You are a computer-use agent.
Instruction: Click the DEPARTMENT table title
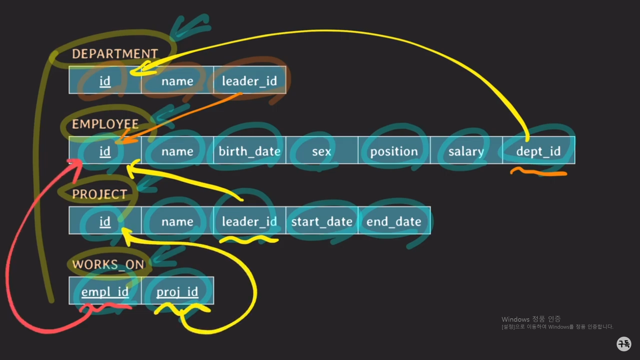[x=115, y=54]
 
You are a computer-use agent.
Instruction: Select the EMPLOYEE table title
[x=105, y=124]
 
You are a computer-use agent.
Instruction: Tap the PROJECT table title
[x=99, y=194]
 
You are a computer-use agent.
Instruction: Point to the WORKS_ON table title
[x=108, y=264]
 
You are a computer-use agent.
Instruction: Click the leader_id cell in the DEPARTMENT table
[x=249, y=81]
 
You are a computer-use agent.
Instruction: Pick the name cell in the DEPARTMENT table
[x=177, y=81]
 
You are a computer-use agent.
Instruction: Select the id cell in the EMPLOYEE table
[x=105, y=151]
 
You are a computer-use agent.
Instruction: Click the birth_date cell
[x=249, y=151]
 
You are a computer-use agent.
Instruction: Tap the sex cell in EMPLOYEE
[x=322, y=151]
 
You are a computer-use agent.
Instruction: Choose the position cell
[x=394, y=151]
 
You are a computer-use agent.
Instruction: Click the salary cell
[x=466, y=151]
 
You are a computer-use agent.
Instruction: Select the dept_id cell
[x=538, y=151]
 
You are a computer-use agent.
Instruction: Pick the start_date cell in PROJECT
[x=322, y=221]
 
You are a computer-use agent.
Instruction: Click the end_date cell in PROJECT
[x=394, y=221]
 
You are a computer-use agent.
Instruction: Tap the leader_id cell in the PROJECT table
[x=249, y=221]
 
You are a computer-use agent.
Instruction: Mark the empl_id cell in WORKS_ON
[x=105, y=292]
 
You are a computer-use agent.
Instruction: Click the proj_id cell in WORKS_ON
[x=177, y=292]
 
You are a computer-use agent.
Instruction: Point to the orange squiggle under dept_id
[x=538, y=173]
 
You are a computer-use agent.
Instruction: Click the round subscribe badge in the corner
[x=624, y=343]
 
